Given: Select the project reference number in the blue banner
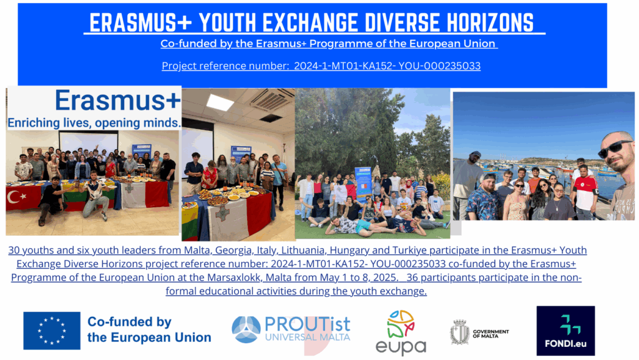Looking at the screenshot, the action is (387, 66).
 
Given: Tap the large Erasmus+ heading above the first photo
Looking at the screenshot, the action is (118, 100).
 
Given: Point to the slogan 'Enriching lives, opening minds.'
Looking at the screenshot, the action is (94, 122).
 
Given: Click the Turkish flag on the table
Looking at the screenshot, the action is (24, 198).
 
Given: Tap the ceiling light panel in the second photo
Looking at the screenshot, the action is (220, 102).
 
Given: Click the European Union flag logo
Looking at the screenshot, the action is (52, 331).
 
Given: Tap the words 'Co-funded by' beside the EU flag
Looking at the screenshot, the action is (129, 322).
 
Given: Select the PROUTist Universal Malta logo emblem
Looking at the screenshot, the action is (246, 329).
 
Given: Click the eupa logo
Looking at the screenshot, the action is (401, 333).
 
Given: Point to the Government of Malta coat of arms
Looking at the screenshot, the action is (460, 332).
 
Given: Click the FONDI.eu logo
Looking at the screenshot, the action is (565, 331).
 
